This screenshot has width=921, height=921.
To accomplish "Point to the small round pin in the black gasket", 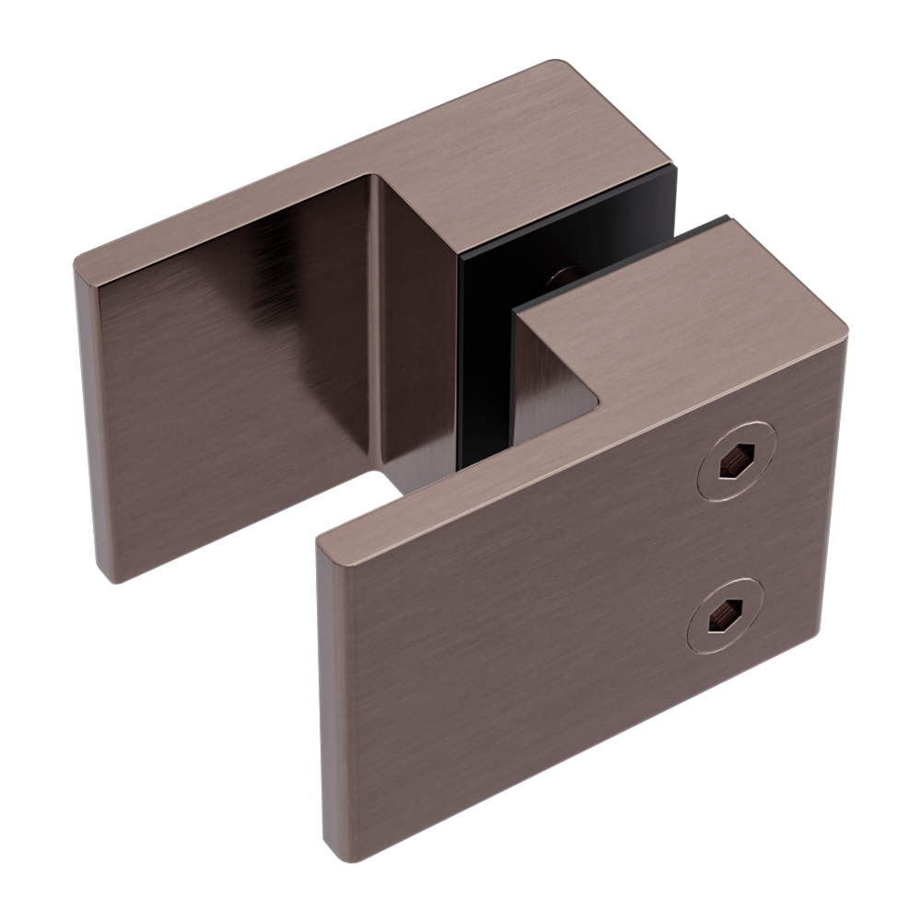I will click(x=562, y=274).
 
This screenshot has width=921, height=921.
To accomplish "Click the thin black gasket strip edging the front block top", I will click(x=608, y=267).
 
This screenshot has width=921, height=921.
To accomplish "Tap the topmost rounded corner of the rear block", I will click(x=562, y=66).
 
